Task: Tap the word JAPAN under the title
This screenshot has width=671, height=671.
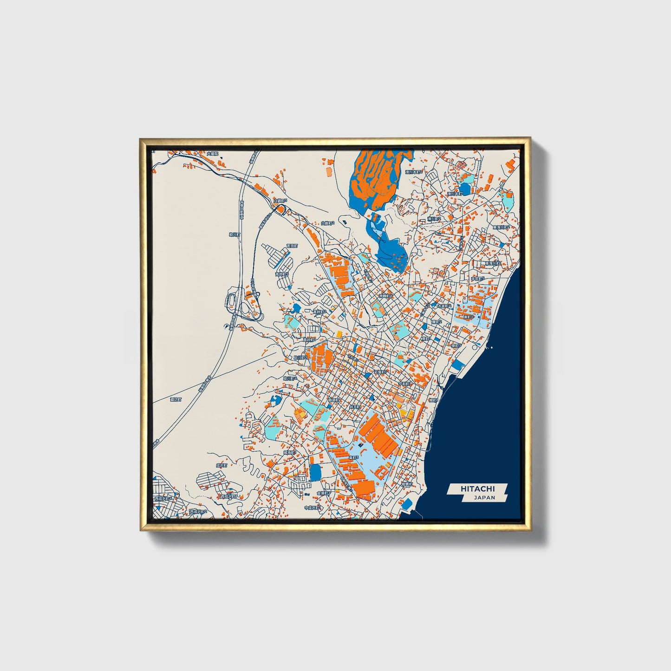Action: pyautogui.click(x=484, y=497)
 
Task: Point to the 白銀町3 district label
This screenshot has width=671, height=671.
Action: pyautogui.click(x=280, y=201)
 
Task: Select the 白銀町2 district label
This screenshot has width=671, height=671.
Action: pyautogui.click(x=328, y=223)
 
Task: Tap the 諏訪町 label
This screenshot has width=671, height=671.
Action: pyautogui.click(x=176, y=399)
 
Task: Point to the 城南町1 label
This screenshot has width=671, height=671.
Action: pyautogui.click(x=290, y=452)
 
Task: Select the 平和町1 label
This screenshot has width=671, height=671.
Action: pyautogui.click(x=405, y=384)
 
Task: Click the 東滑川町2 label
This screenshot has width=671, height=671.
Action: pyautogui.click(x=502, y=228)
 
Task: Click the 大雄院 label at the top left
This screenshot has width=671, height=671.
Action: pyautogui.click(x=212, y=153)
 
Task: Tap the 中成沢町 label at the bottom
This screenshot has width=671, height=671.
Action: pyautogui.click(x=311, y=508)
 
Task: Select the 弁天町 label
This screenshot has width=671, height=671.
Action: pyautogui.click(x=355, y=407)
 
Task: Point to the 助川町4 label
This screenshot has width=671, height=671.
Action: pyautogui.click(x=290, y=378)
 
